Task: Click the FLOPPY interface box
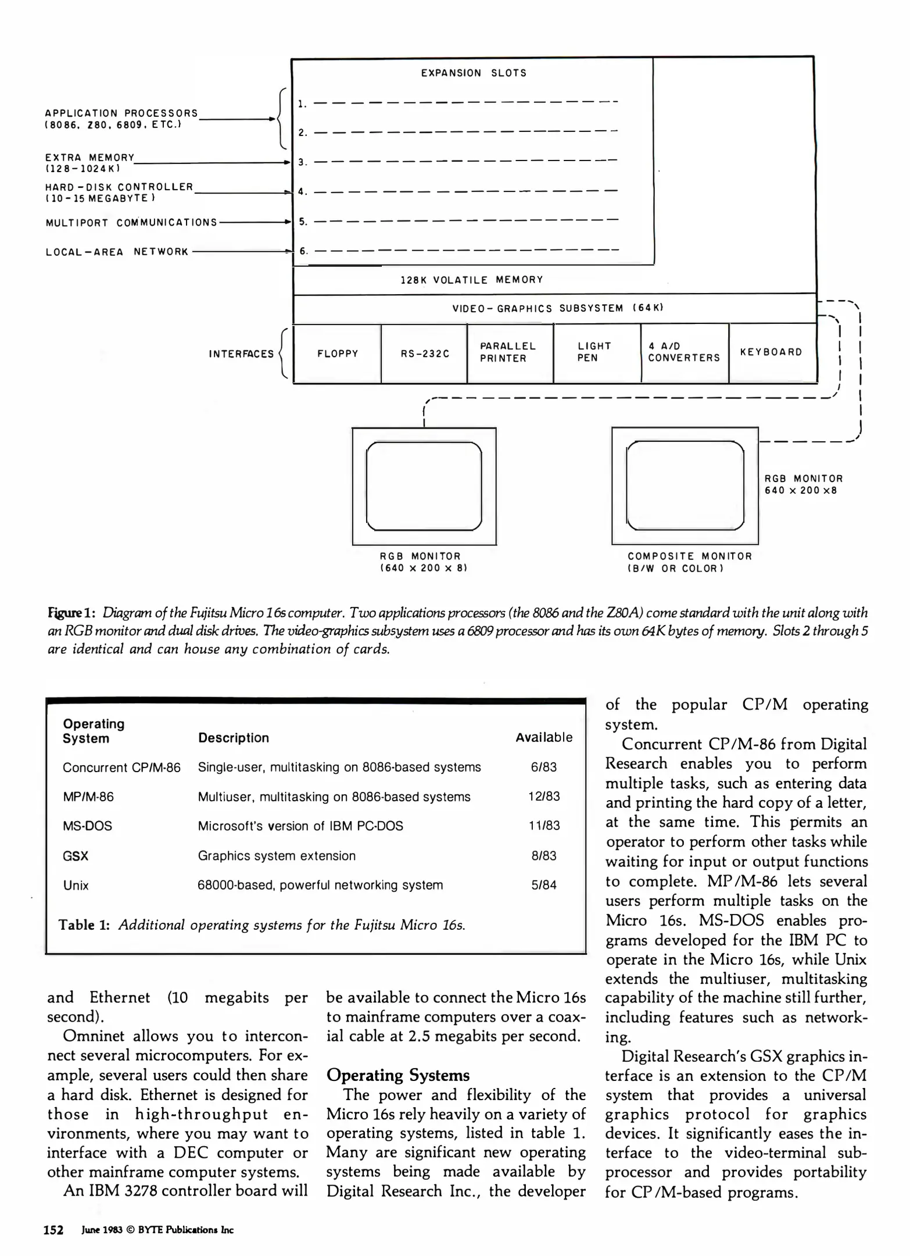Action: pos(337,354)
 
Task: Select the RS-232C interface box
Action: pos(424,354)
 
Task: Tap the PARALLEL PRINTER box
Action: pos(510,353)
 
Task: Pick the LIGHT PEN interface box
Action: pos(596,352)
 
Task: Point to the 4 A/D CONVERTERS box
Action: pos(684,352)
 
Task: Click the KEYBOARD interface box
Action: pos(772,352)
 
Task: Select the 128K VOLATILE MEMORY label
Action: pos(472,280)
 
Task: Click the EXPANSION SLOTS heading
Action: pos(474,73)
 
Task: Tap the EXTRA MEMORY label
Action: pos(90,158)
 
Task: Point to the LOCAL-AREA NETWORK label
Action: pos(117,252)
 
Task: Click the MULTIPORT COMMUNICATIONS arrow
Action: pos(255,222)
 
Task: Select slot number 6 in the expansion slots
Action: pos(303,251)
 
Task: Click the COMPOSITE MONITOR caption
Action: pos(690,556)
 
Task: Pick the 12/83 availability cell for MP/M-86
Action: pos(544,797)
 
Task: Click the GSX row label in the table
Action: pos(76,856)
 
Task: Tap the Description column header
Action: pos(234,738)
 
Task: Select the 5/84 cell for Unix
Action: pos(544,886)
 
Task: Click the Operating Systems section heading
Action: pos(398,1075)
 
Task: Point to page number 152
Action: pos(54,1230)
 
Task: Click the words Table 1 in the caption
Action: pos(84,925)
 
